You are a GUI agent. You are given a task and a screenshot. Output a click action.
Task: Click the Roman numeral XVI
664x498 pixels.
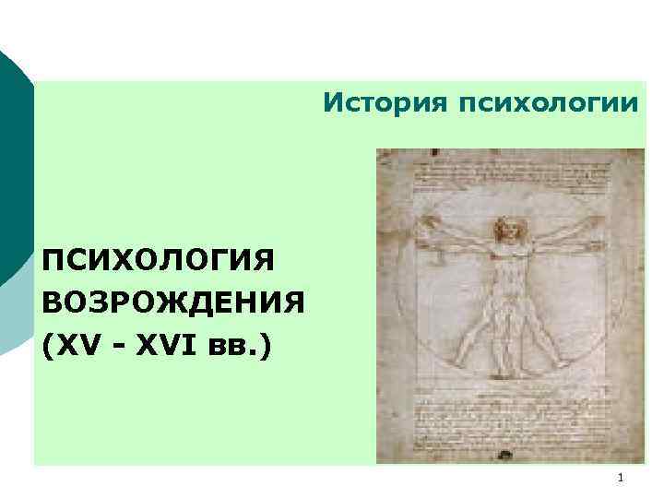point(162,347)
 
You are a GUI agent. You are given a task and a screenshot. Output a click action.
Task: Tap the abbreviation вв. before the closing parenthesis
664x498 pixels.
point(229,348)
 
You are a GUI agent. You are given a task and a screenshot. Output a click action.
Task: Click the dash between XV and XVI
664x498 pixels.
point(115,349)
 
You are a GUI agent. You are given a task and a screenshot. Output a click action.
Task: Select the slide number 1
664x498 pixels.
point(621,477)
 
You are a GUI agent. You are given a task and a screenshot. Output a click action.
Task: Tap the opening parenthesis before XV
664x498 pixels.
point(47,348)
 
